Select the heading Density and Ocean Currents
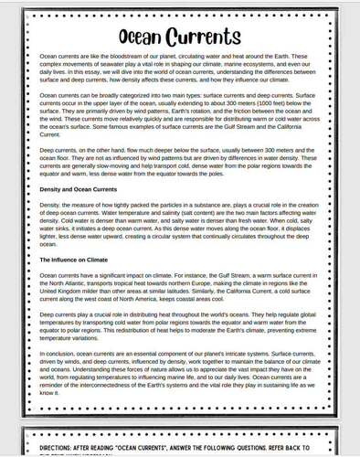(81, 189)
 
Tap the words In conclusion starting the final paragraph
(60, 354)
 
